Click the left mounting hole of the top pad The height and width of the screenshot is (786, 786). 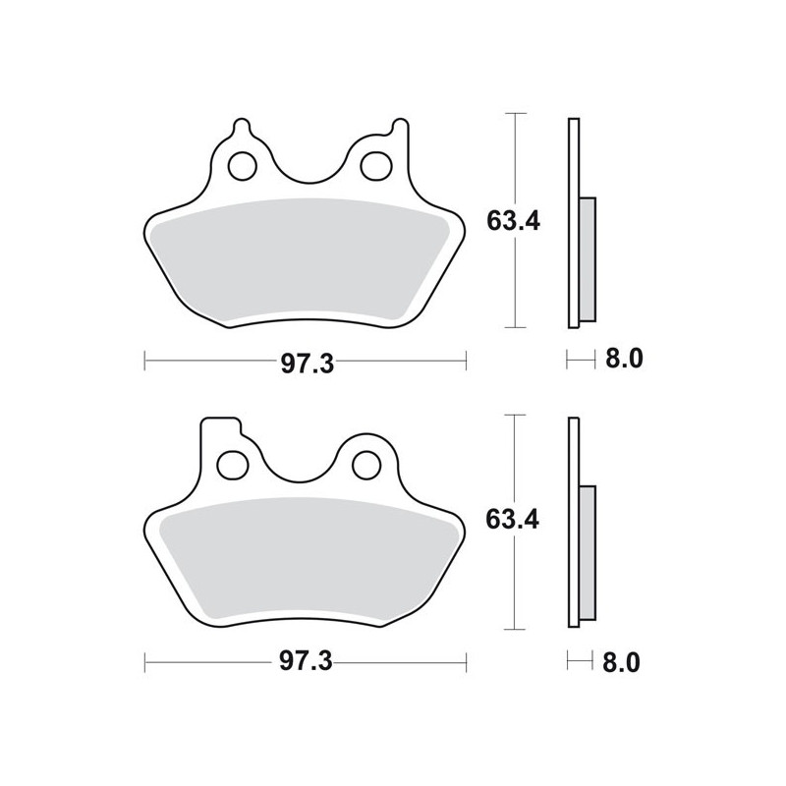243,165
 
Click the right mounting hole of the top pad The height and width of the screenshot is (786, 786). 376,165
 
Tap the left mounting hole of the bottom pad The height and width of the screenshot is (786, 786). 233,465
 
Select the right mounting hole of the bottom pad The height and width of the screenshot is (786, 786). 367,465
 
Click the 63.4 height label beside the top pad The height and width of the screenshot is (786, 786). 513,221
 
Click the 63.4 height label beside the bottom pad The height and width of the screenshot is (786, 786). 512,520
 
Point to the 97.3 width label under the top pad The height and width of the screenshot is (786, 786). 307,363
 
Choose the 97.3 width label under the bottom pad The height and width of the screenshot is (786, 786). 306,661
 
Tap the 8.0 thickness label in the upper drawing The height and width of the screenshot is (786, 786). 624,359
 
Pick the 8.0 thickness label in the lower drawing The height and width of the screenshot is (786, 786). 622,662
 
